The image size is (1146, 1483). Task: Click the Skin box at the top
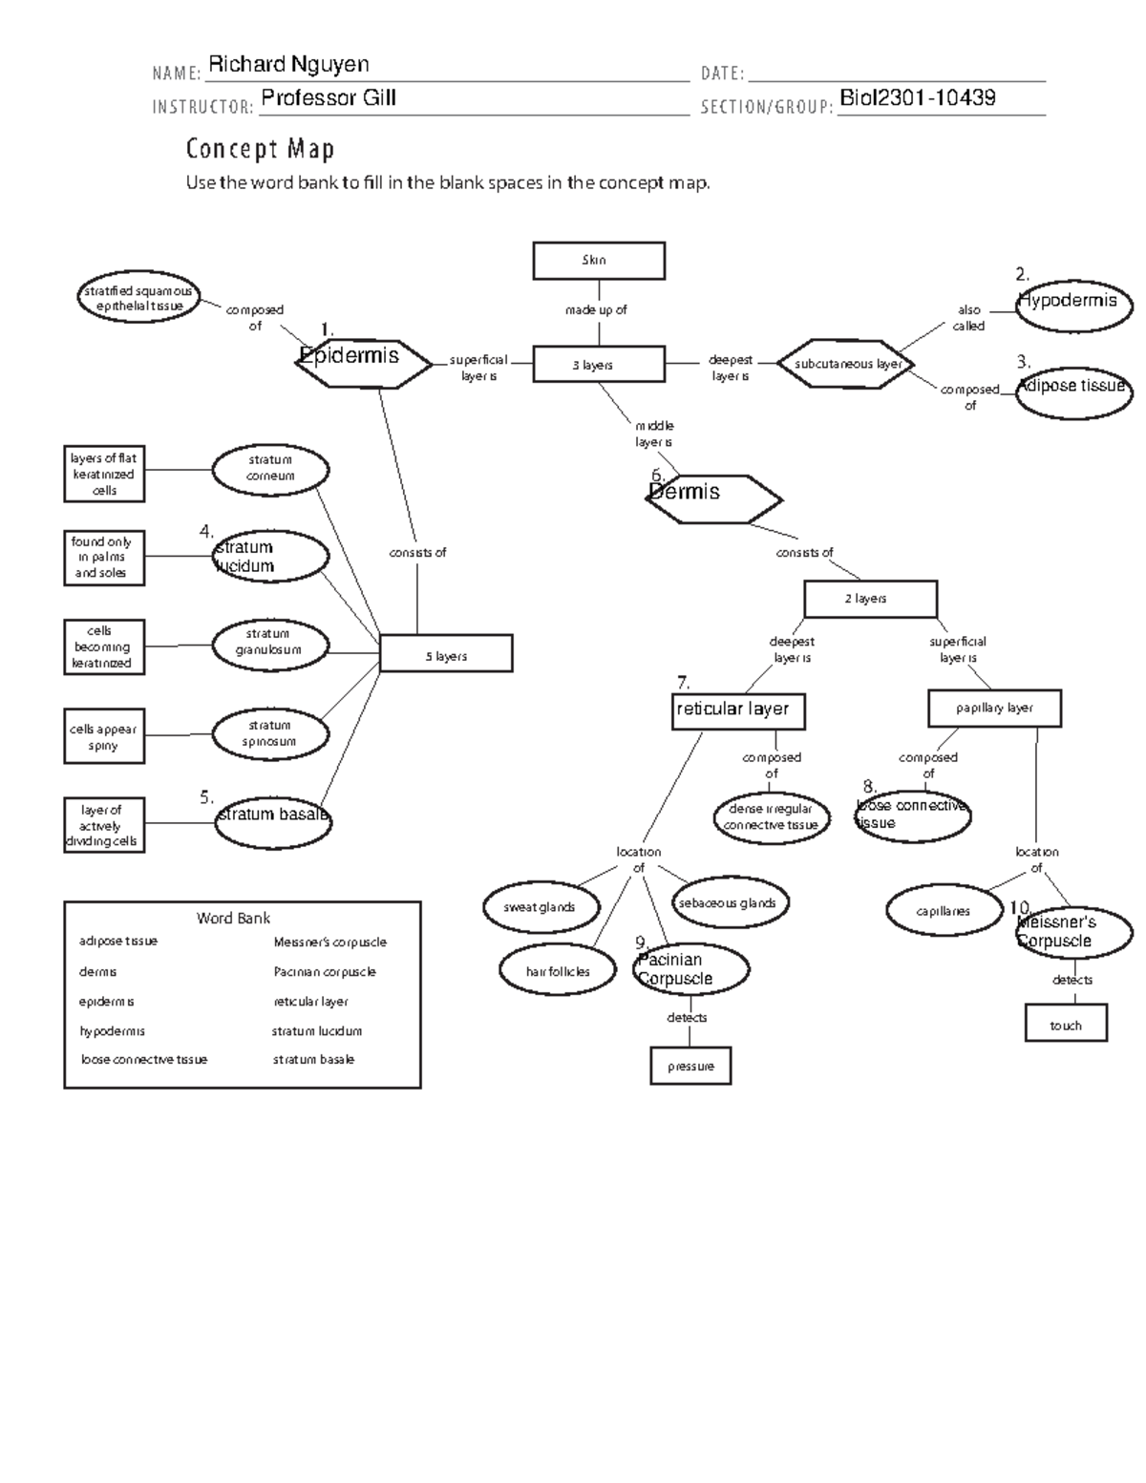598,261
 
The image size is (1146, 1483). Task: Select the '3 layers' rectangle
598,365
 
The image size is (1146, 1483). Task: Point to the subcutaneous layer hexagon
847,364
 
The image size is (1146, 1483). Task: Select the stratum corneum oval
271,469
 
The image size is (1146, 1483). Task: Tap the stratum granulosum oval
271,643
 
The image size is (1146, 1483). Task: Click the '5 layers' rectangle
446,655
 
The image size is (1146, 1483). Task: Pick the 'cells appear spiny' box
104,736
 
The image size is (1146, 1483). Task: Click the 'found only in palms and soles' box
104,558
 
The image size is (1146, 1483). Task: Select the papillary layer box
994,709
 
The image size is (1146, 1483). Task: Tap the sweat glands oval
541,907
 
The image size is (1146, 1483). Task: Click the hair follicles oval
558,971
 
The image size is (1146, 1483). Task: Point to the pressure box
690,1066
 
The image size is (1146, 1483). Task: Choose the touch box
1066,1024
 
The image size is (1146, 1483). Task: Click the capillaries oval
944,911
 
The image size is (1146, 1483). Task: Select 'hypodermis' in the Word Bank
113,1031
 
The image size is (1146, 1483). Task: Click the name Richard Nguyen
288,65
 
